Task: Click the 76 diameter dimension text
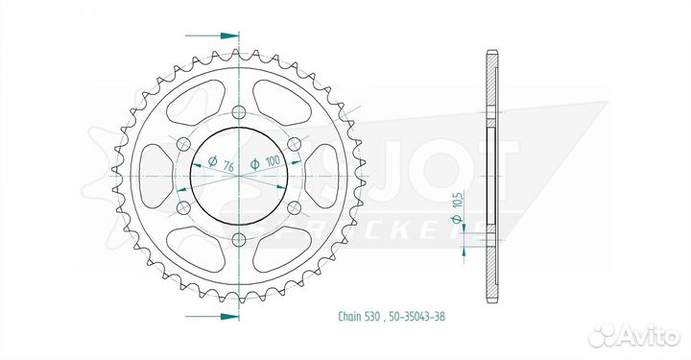point(227,166)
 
